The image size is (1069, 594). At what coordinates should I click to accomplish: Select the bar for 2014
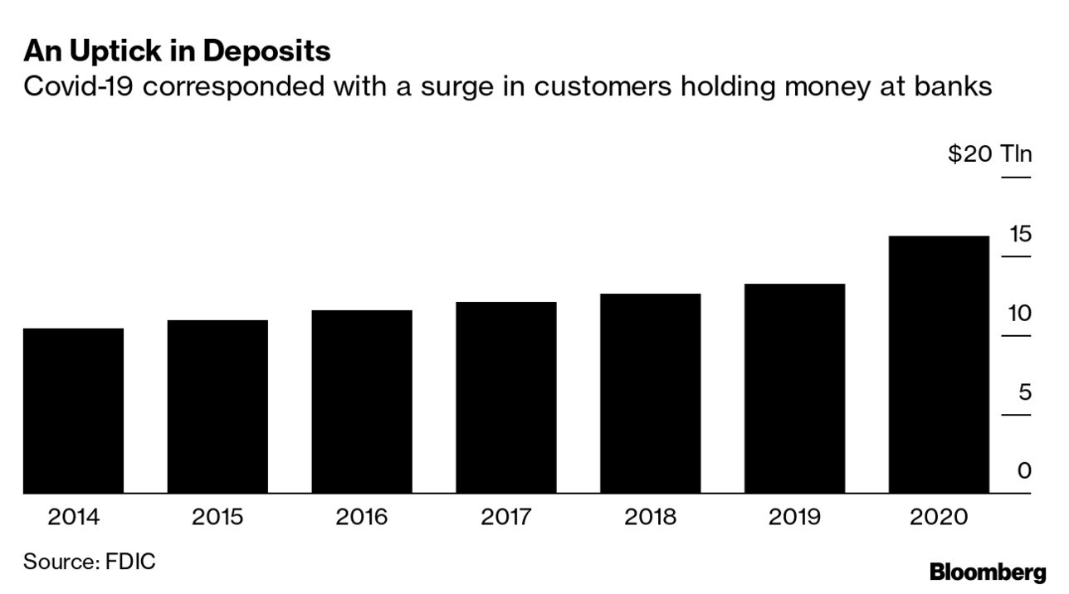73,411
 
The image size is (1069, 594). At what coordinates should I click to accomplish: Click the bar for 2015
217,407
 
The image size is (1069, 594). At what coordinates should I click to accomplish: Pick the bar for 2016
362,402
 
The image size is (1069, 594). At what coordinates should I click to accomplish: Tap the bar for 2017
506,397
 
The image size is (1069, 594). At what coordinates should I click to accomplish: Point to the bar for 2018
651,393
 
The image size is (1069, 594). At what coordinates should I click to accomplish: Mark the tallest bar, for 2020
939,365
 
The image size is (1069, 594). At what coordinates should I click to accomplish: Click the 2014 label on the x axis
73,518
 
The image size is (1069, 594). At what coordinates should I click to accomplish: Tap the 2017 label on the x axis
506,518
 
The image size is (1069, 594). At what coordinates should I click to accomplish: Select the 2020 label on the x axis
939,518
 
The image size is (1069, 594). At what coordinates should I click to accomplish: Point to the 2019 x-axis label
794,518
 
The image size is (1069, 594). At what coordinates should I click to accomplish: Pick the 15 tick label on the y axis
1020,234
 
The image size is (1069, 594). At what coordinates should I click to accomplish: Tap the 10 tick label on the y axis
1020,314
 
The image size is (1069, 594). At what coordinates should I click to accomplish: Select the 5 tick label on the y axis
1025,392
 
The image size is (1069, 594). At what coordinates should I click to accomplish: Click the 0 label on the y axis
1025,470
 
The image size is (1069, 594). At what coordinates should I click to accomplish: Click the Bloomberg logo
988,572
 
